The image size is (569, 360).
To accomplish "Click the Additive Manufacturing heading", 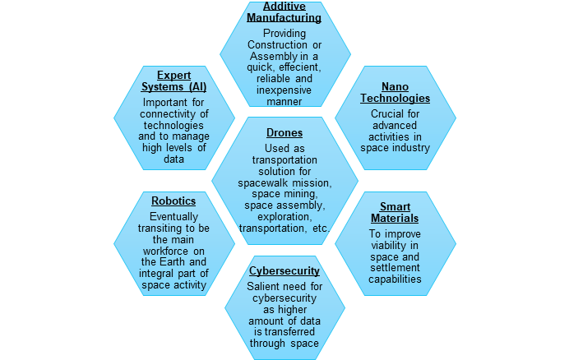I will click(284, 11).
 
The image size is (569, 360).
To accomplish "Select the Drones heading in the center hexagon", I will click(284, 132).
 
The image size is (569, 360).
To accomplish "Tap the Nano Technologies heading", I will click(395, 92).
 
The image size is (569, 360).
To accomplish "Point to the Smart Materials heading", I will click(395, 212).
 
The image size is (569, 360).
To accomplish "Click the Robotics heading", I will click(173, 200).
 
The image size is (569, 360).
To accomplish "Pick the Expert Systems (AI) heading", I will click(173, 81).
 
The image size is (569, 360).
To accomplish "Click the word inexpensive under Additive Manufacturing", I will click(284, 90).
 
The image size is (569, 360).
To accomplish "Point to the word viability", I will click(395, 245).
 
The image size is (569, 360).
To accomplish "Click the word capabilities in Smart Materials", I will click(395, 279).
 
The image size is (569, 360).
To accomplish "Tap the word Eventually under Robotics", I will click(173, 215).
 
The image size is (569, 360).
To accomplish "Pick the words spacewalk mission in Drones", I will click(284, 182).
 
